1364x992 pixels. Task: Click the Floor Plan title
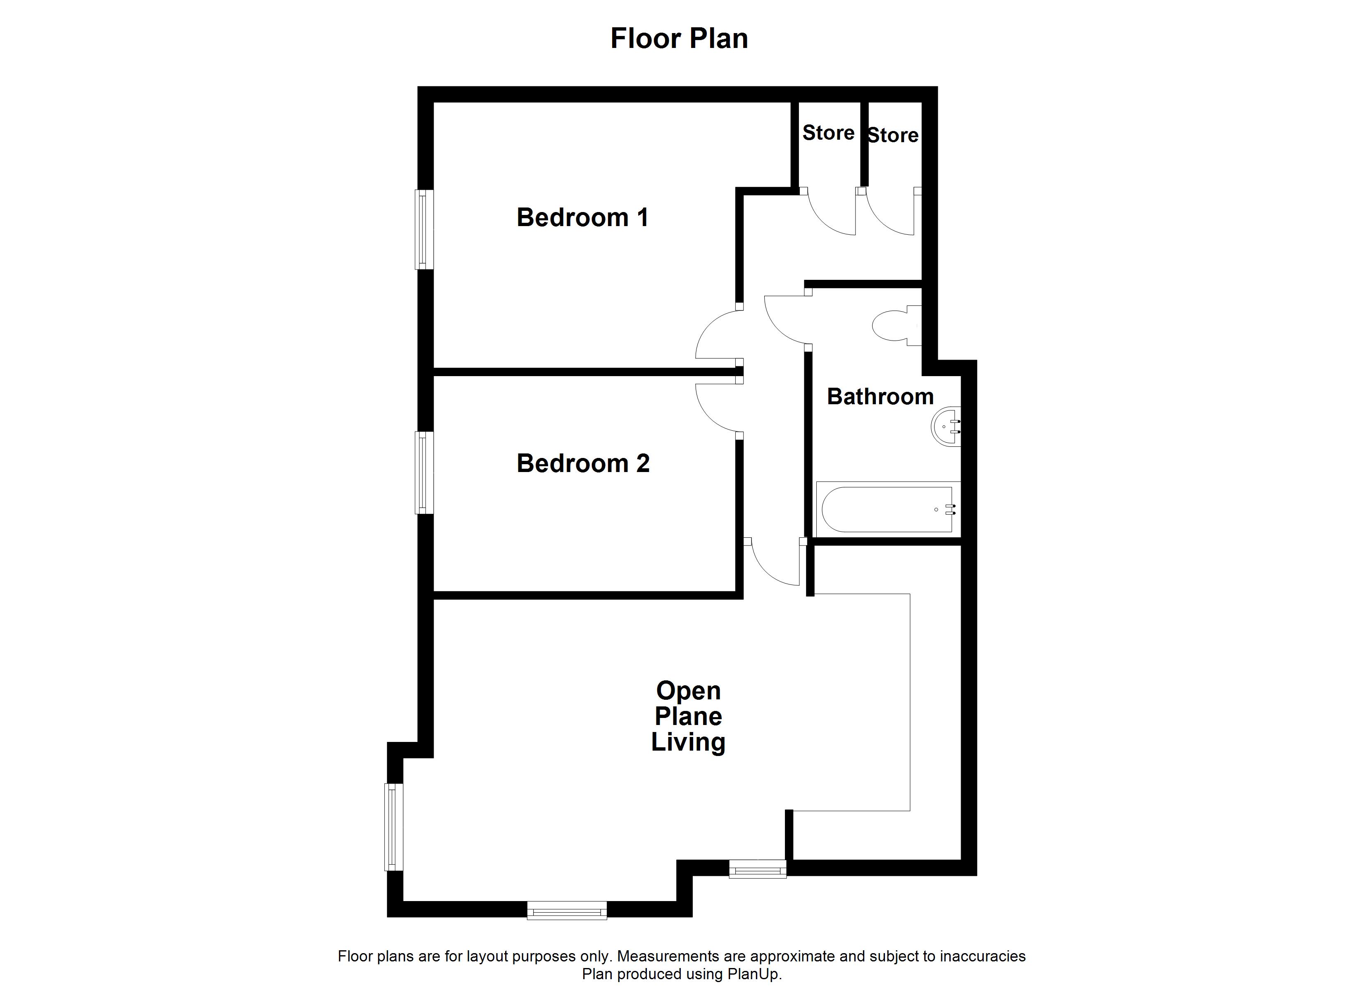pyautogui.click(x=679, y=38)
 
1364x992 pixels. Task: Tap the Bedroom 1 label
pyautogui.click(x=583, y=217)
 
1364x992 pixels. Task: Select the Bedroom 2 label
pyautogui.click(x=583, y=463)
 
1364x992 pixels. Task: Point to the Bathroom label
pyautogui.click(x=880, y=396)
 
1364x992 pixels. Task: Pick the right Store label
pyautogui.click(x=893, y=135)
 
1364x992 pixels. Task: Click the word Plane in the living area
pyautogui.click(x=689, y=716)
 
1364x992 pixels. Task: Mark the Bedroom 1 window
pyautogui.click(x=424, y=229)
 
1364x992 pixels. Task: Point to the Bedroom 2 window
pyautogui.click(x=424, y=473)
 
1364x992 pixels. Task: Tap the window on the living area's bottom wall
pyautogui.click(x=567, y=910)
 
